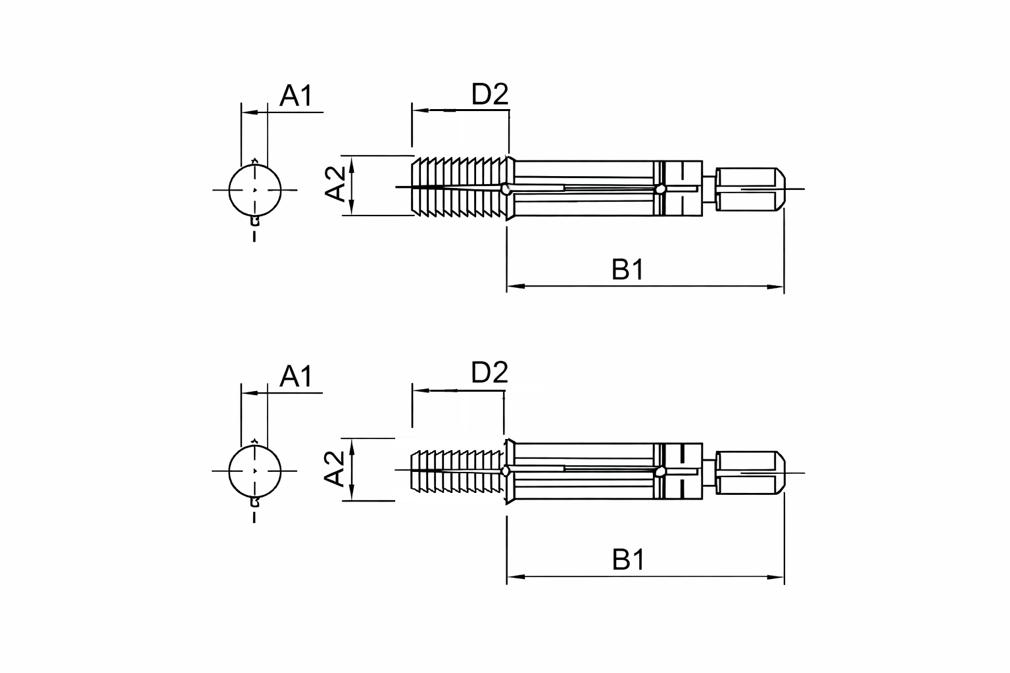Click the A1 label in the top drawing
click(x=296, y=95)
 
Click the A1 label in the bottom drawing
click(x=296, y=377)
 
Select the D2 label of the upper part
click(x=490, y=94)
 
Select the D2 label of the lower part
click(x=490, y=373)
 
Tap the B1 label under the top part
click(x=628, y=269)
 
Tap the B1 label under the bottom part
click(x=628, y=559)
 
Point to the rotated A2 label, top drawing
click(x=335, y=184)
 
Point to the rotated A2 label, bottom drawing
click(x=335, y=469)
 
